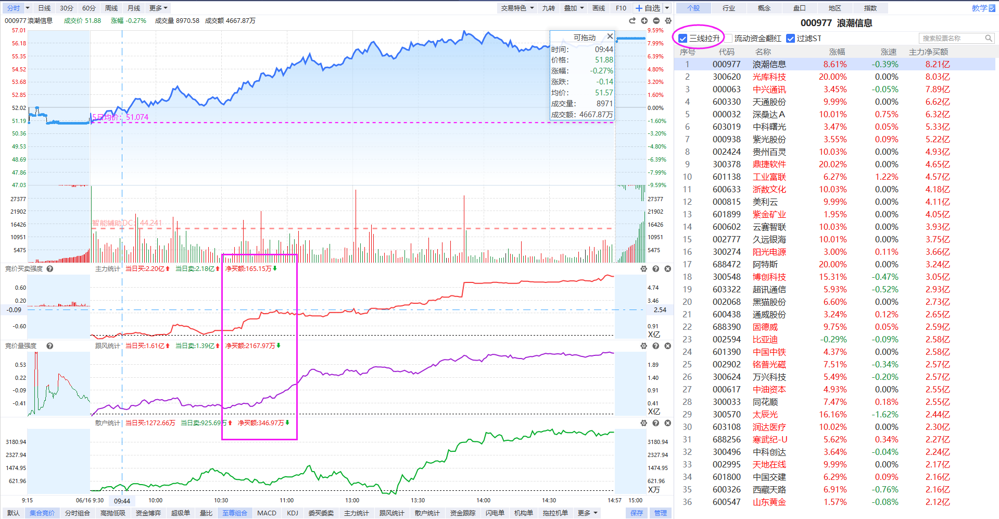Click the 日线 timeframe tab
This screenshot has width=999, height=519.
click(45, 8)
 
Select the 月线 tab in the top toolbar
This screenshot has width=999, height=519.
click(134, 8)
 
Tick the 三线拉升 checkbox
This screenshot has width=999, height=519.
click(683, 38)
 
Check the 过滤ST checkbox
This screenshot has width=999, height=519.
click(790, 38)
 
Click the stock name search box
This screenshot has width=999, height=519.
click(956, 38)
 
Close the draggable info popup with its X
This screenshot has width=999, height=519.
click(610, 36)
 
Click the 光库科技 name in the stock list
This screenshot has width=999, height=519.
click(769, 77)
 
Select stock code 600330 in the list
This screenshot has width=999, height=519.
click(726, 102)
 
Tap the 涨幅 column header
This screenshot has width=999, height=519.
click(837, 52)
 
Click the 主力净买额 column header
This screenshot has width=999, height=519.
click(928, 52)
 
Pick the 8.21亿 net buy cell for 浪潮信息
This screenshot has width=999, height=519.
click(937, 64)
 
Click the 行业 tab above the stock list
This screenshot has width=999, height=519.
click(729, 8)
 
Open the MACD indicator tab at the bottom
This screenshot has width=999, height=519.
click(267, 513)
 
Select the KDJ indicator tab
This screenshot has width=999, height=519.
click(293, 513)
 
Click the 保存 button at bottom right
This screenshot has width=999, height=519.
click(637, 513)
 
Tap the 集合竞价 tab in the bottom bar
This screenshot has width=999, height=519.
click(42, 513)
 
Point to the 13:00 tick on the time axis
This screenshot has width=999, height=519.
click(352, 500)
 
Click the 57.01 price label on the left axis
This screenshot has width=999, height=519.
click(19, 30)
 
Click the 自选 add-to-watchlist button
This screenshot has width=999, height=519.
click(648, 8)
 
